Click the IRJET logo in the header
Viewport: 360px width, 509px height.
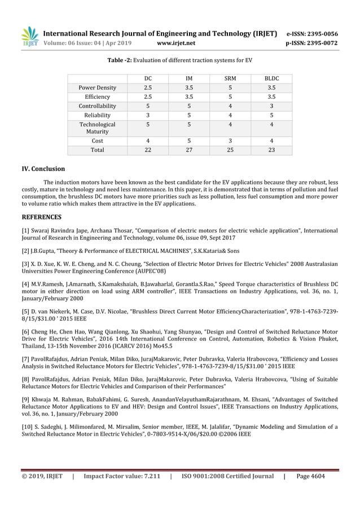[30, 36]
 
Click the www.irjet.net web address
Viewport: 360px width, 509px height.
[177, 43]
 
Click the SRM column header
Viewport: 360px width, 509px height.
[230, 78]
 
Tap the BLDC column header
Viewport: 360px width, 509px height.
[271, 78]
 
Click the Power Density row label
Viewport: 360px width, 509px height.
[97, 87]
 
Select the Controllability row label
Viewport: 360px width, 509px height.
[97, 106]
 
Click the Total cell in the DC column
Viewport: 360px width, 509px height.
[147, 150]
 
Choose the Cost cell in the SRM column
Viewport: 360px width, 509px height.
[230, 141]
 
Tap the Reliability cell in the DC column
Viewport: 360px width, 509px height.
[147, 115]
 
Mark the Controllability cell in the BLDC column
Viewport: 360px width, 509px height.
[271, 106]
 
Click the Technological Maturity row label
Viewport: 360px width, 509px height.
[97, 128]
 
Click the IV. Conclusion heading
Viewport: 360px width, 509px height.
[43, 169]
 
